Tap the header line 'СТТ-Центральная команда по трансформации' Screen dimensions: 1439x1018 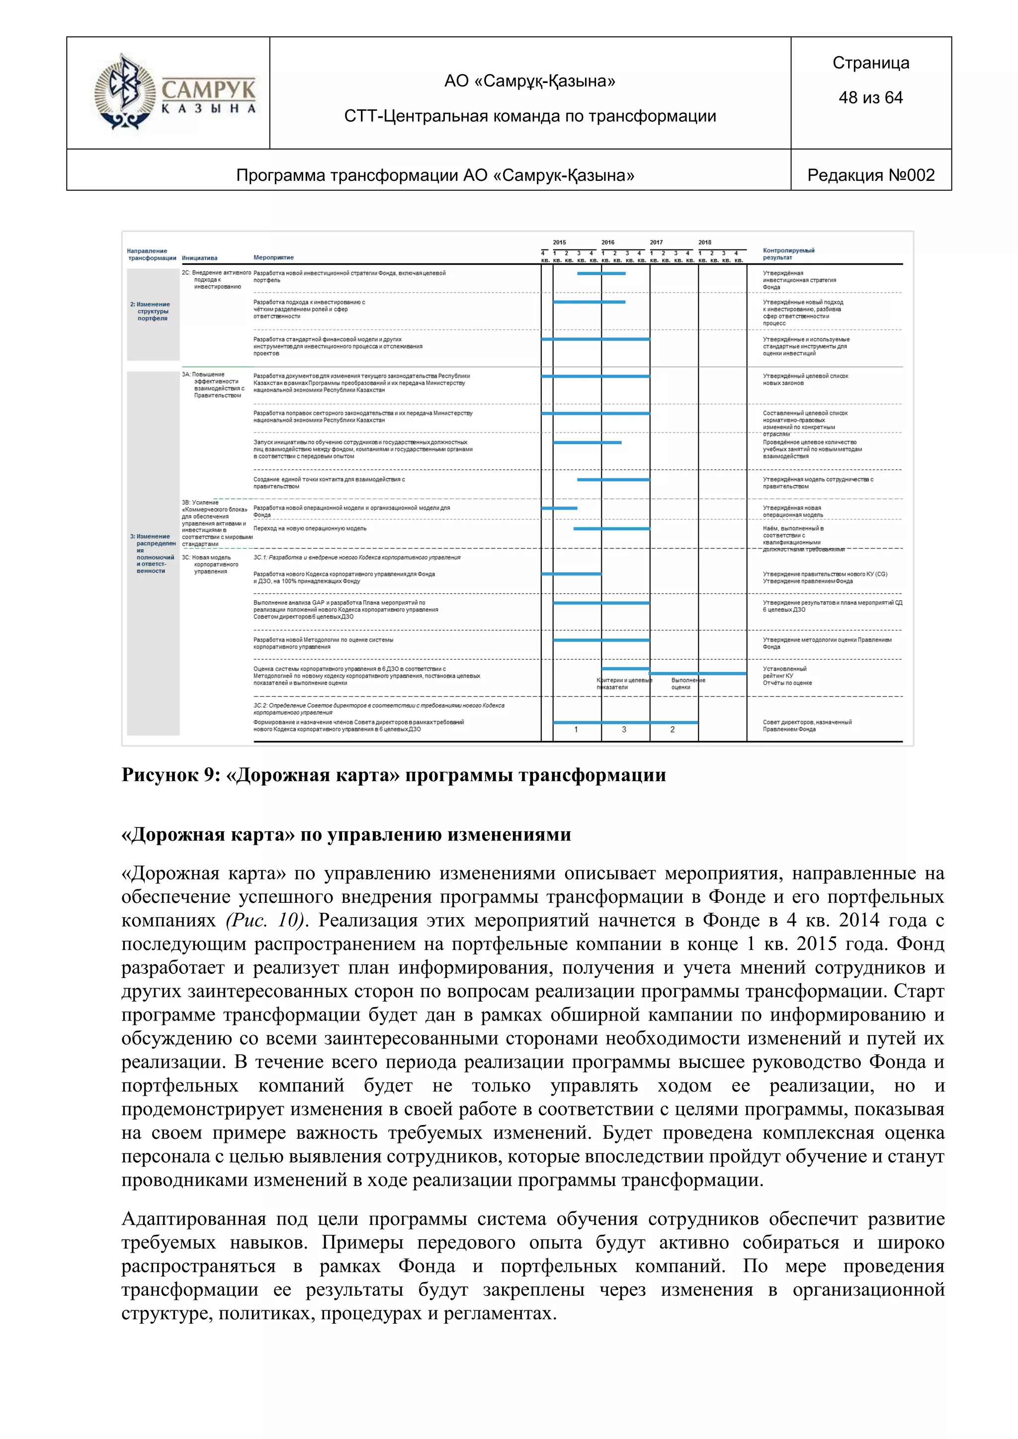click(x=530, y=116)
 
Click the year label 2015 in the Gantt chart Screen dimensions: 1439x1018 click(x=559, y=242)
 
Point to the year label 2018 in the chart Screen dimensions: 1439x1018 click(x=704, y=242)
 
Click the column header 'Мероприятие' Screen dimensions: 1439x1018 click(x=273, y=257)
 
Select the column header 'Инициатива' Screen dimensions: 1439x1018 click(x=199, y=257)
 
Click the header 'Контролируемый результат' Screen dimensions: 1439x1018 click(x=788, y=254)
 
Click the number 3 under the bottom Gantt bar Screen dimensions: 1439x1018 click(x=624, y=729)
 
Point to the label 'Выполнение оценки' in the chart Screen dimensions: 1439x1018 click(x=687, y=684)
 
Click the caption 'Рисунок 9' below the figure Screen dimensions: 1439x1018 click(x=169, y=775)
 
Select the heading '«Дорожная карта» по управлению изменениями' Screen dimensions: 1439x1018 click(x=346, y=835)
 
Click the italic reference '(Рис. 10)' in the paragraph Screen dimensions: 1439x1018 click(x=264, y=921)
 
